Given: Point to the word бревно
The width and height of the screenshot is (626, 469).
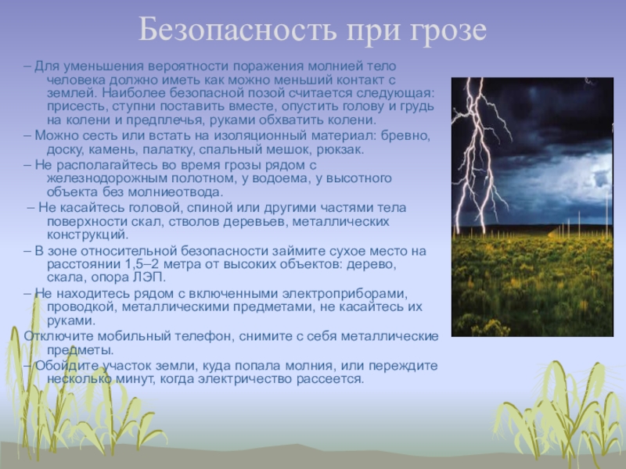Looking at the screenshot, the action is point(405,135).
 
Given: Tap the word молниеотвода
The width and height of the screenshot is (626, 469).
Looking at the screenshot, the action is point(175,192).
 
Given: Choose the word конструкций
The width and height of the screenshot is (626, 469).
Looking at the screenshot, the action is point(88,235).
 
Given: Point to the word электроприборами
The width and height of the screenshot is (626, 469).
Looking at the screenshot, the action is point(345,294).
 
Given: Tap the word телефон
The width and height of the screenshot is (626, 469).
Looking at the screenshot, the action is point(203,337).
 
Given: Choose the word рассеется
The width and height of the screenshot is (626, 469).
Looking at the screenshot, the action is point(329,380).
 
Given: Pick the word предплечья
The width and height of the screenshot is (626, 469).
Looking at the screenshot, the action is point(164,120).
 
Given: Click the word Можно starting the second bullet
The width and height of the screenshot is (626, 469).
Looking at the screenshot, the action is point(56,135).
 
